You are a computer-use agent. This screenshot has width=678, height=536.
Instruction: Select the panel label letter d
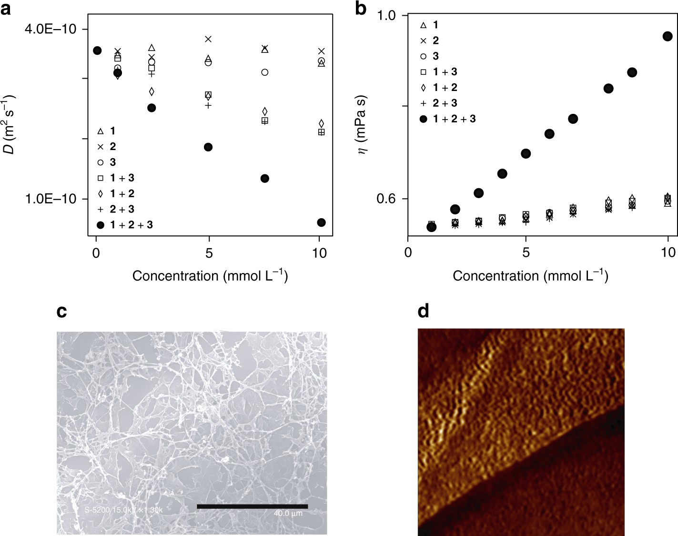click(x=423, y=311)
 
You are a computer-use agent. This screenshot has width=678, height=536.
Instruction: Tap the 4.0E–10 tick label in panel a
click(x=51, y=29)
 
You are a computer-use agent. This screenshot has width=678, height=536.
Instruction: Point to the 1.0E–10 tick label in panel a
click(x=51, y=199)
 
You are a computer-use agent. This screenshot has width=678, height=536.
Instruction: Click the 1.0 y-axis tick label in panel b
click(x=386, y=16)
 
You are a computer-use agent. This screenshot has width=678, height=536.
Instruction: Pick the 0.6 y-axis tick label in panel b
click(x=386, y=199)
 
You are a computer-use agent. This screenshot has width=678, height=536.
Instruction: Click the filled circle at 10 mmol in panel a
click(x=321, y=222)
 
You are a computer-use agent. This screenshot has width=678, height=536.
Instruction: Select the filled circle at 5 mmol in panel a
click(x=208, y=147)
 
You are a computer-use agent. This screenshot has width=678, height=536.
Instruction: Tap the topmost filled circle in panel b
click(x=668, y=36)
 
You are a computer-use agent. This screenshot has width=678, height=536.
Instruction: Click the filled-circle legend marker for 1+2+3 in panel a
click(x=100, y=225)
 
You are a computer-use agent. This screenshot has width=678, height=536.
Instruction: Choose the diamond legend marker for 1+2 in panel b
click(x=423, y=88)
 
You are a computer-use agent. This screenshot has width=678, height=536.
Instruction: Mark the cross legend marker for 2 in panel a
click(x=100, y=147)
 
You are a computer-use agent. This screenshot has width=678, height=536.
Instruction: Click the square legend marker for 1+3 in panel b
click(x=423, y=72)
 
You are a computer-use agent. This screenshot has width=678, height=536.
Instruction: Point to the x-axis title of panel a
click(x=210, y=275)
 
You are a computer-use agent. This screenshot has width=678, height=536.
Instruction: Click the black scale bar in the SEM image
click(x=252, y=506)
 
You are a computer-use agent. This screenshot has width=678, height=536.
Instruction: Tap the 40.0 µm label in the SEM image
click(x=288, y=514)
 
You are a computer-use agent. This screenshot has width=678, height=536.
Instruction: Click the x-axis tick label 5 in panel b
click(x=526, y=253)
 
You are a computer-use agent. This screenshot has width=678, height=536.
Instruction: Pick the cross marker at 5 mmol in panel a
click(x=208, y=39)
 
